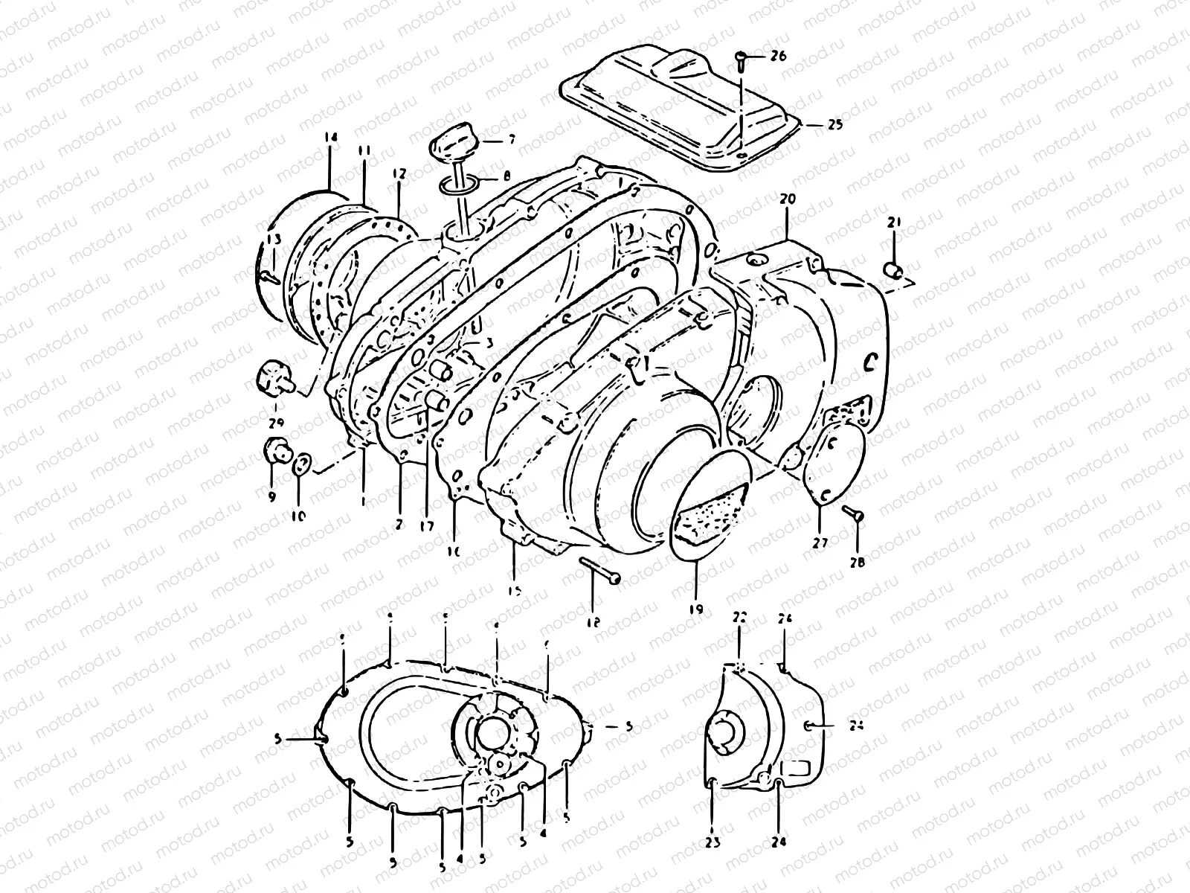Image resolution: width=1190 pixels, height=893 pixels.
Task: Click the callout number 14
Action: pyautogui.click(x=331, y=138)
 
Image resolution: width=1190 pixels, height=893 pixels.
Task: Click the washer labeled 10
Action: pyautogui.click(x=301, y=465)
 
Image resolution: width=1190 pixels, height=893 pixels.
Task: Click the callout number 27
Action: pyautogui.click(x=820, y=543)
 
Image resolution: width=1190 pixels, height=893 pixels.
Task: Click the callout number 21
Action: pyautogui.click(x=894, y=221)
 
